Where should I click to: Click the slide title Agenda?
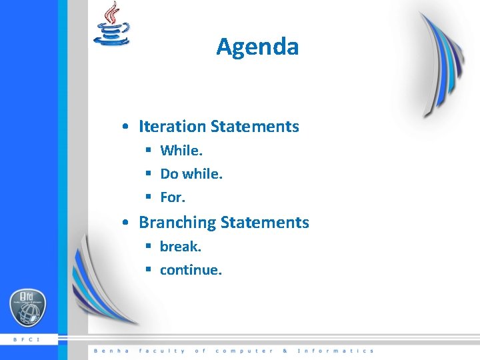click(x=257, y=47)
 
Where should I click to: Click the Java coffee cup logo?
click(x=112, y=25)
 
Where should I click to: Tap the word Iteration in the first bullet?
click(x=172, y=126)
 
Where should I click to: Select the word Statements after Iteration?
click(x=255, y=126)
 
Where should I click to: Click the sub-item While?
click(x=181, y=151)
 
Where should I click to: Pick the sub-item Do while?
click(x=191, y=174)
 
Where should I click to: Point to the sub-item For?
click(x=173, y=197)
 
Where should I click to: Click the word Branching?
click(x=177, y=222)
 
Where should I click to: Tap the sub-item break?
click(x=180, y=247)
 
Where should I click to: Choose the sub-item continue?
click(x=191, y=270)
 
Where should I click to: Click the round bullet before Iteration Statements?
click(x=125, y=127)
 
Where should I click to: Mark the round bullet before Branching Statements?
click(x=125, y=223)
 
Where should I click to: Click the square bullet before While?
click(x=149, y=151)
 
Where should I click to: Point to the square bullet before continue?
click(x=149, y=270)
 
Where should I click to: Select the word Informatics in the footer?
click(x=335, y=351)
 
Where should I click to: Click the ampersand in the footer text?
click(x=285, y=351)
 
